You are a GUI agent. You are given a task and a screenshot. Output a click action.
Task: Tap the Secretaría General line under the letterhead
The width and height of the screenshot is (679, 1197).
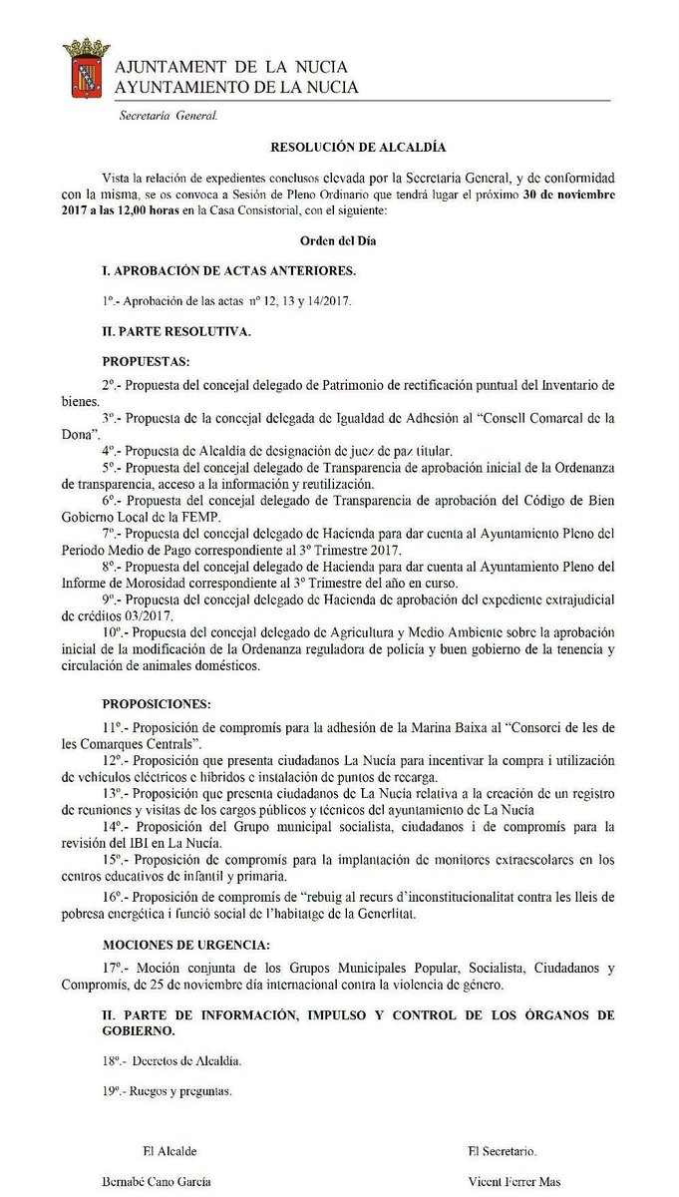[168, 116]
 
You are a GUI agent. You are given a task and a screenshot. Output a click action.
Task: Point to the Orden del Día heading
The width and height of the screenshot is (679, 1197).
[338, 240]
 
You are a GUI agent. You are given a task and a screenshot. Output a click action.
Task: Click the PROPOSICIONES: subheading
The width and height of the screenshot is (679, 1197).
[158, 702]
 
